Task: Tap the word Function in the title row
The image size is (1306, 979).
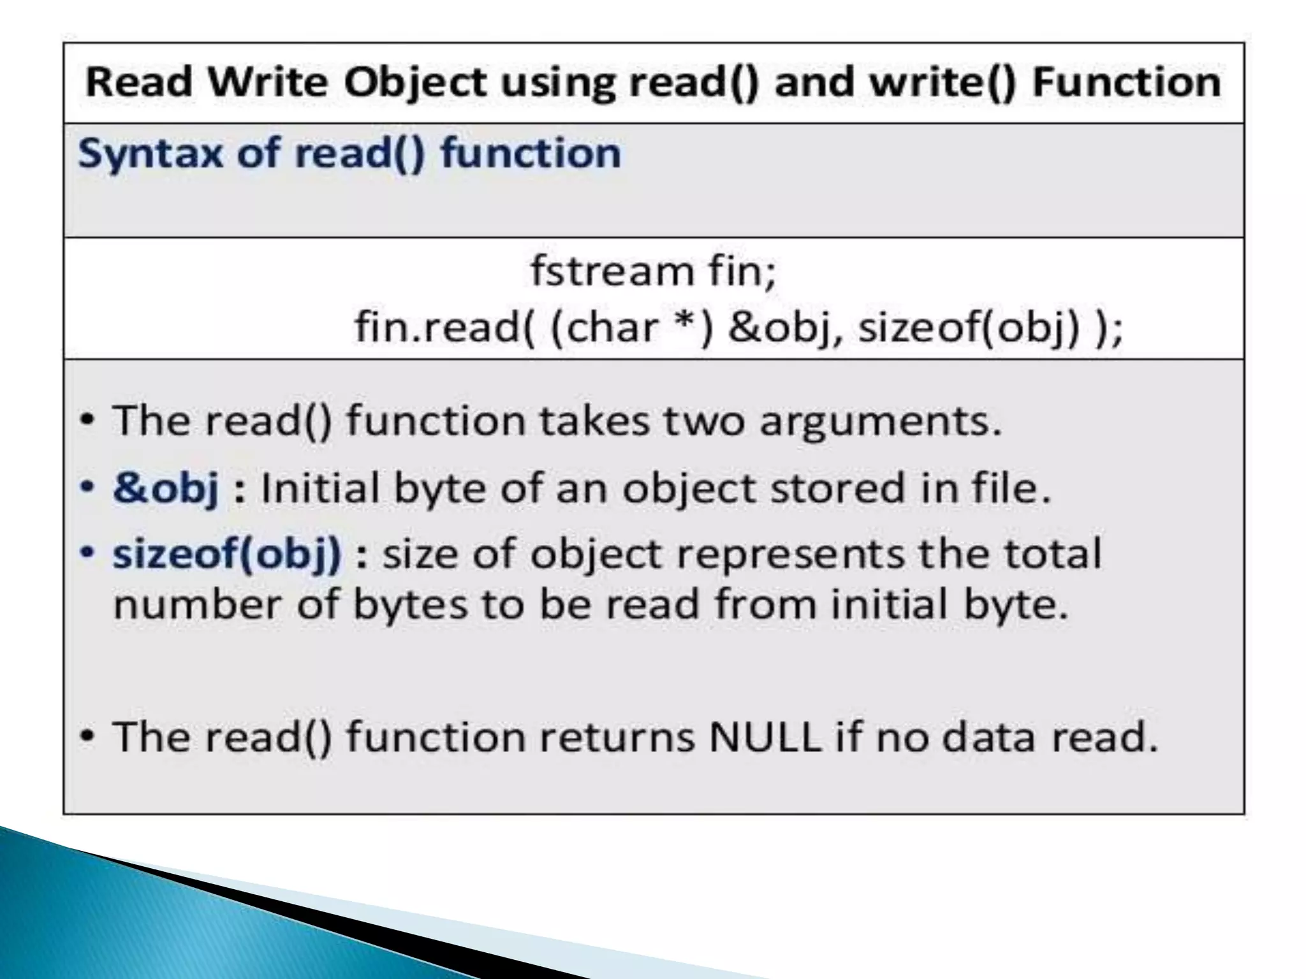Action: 1126,83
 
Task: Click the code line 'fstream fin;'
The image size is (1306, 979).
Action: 653,271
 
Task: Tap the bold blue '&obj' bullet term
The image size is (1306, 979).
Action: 166,488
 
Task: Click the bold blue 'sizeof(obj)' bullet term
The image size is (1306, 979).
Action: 227,553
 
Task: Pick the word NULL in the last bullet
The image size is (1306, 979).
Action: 764,737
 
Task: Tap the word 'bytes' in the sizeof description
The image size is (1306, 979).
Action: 410,604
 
